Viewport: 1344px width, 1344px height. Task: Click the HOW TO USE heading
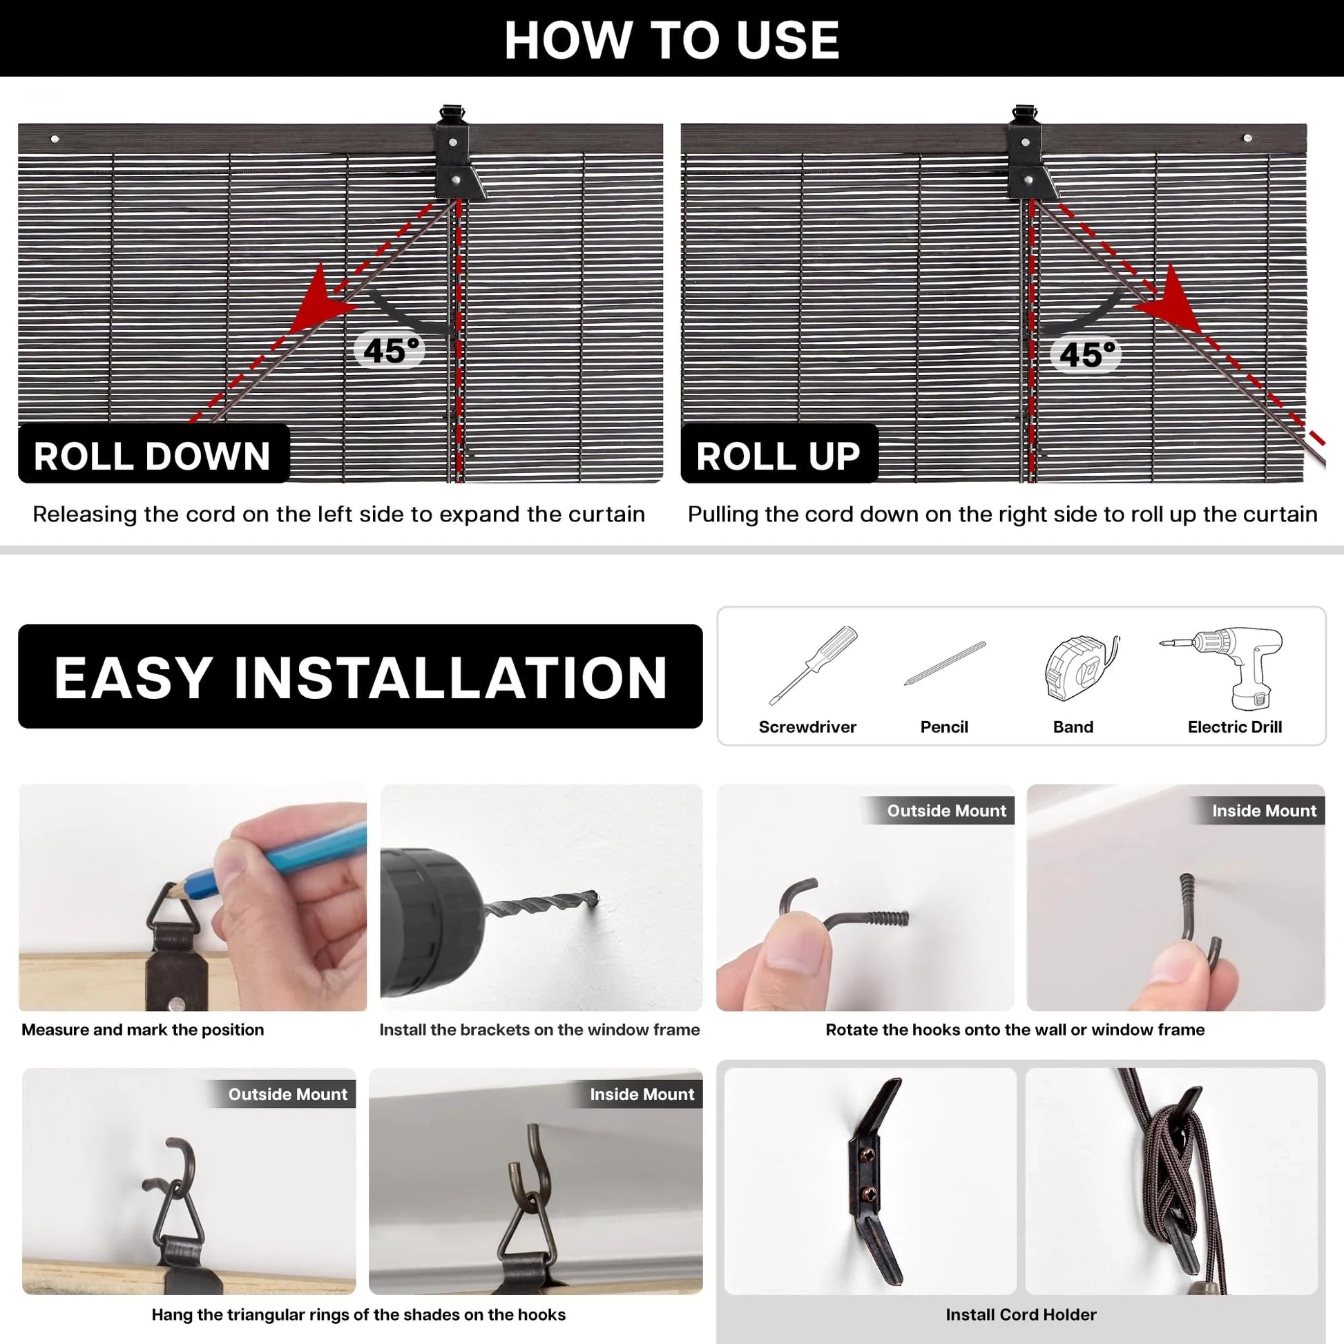coord(671,39)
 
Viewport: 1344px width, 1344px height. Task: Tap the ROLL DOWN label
coord(153,457)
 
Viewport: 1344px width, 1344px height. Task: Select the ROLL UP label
coord(778,457)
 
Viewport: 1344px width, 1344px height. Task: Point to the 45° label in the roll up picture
coord(1086,354)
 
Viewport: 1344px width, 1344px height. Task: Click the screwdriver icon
coord(812,665)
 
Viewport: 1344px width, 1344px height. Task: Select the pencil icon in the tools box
coord(944,663)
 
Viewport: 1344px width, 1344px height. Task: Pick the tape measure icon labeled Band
coord(1081,667)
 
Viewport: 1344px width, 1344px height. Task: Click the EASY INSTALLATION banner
coord(361,676)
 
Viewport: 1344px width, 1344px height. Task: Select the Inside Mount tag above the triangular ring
coord(642,1094)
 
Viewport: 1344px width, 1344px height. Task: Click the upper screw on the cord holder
coord(867,1155)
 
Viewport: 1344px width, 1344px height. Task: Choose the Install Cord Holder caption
coord(1021,1314)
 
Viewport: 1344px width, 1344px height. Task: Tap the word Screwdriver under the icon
coord(807,727)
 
